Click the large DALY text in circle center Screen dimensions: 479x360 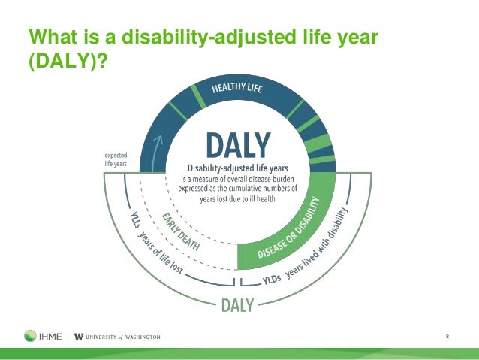tap(239, 145)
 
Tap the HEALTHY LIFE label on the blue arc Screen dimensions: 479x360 tap(237, 88)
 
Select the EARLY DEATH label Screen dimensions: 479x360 tap(181, 231)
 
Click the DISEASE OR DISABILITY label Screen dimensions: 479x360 tap(288, 228)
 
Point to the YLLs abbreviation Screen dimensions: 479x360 tap(134, 220)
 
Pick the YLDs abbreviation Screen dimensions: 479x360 tap(272, 279)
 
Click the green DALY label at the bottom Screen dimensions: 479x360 tap(238, 305)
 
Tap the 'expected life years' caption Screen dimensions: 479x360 tap(116, 159)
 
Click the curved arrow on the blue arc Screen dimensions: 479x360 tap(156, 153)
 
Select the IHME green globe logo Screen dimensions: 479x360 tap(30, 336)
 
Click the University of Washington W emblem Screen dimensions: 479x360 tap(79, 337)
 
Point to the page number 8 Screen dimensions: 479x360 tap(447, 337)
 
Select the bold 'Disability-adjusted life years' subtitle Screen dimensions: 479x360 tap(238, 168)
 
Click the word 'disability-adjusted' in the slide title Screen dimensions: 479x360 tap(209, 37)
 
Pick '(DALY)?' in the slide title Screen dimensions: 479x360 tap(68, 61)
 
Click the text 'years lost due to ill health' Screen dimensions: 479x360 tap(238, 199)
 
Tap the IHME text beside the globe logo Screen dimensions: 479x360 tap(50, 337)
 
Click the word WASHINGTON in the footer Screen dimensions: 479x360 tap(143, 337)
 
